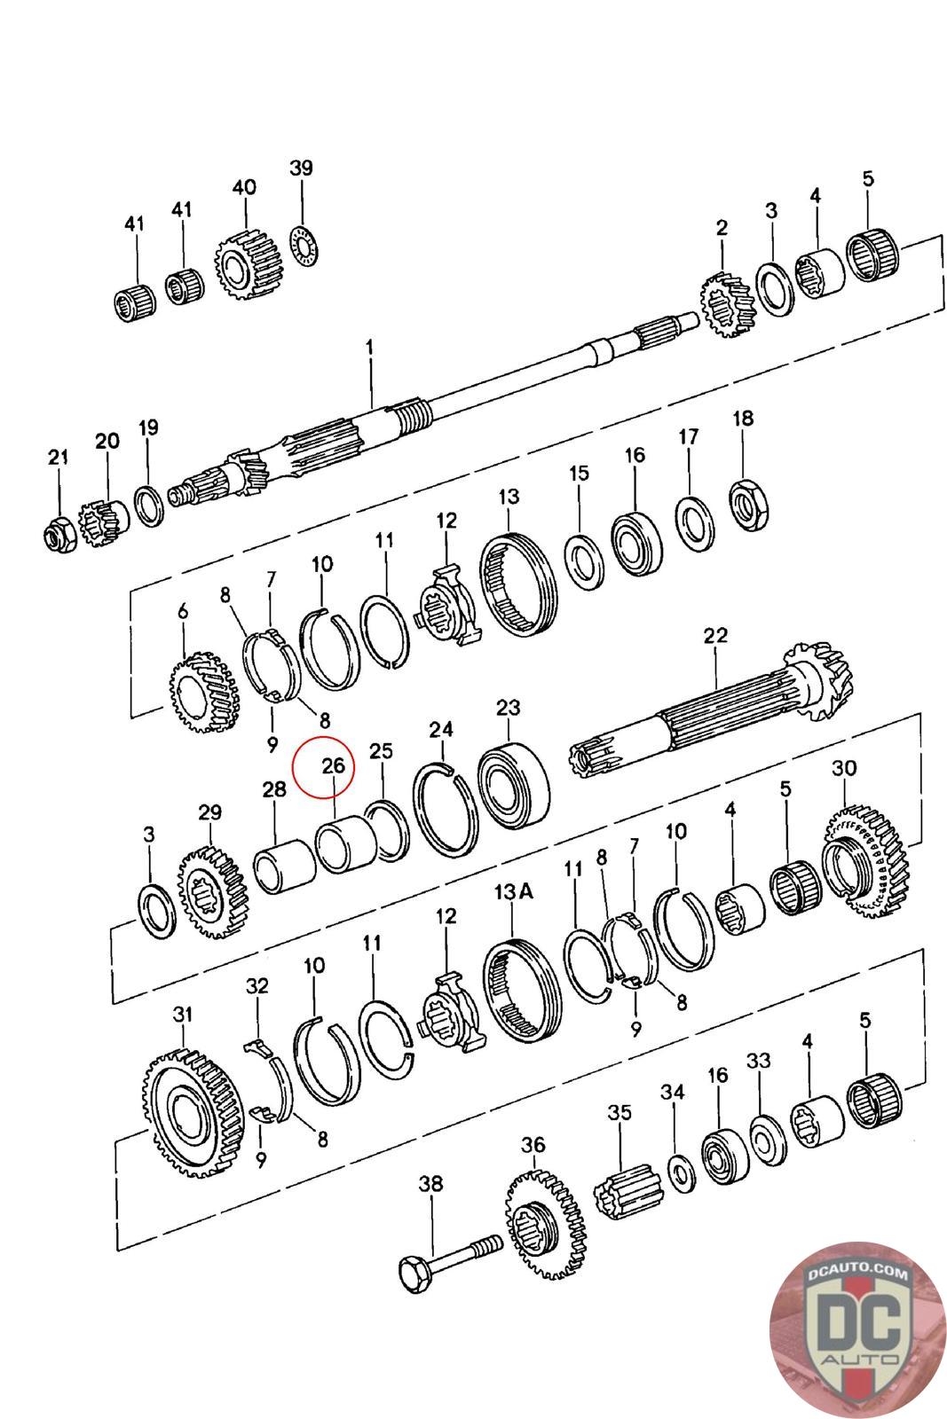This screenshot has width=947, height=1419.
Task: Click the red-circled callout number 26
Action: (x=333, y=765)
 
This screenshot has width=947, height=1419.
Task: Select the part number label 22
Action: (x=714, y=635)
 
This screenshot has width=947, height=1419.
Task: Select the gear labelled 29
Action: (x=210, y=894)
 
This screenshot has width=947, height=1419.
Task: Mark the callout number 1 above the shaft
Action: (x=370, y=348)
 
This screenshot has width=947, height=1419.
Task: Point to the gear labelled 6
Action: (x=204, y=692)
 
